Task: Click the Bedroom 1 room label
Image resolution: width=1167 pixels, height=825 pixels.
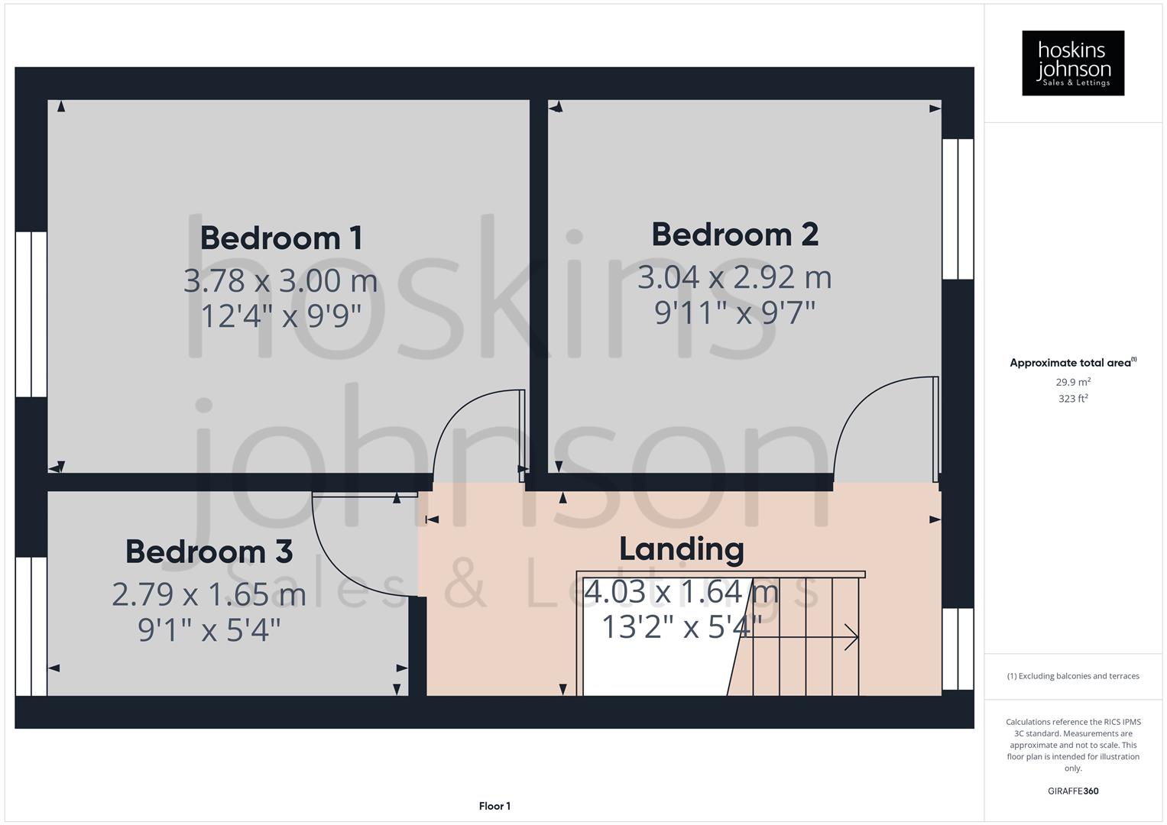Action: [280, 238]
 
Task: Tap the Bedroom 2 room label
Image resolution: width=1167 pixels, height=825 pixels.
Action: [734, 234]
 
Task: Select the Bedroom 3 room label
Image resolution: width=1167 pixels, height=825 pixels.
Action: [209, 551]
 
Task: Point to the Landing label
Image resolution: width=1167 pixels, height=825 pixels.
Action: [681, 548]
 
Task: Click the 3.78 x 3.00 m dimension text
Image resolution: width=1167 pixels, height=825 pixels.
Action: [280, 280]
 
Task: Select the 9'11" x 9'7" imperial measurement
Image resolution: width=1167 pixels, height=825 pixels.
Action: [734, 312]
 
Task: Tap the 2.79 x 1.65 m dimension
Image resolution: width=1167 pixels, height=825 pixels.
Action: [209, 594]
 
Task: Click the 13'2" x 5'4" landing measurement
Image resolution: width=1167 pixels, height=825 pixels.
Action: [681, 627]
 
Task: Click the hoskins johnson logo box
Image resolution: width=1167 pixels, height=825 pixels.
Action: [1073, 63]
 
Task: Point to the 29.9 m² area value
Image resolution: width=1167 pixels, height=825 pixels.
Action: [1073, 382]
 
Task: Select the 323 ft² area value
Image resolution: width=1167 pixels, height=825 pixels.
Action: [1073, 399]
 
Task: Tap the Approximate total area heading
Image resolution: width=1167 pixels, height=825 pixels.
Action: [1072, 363]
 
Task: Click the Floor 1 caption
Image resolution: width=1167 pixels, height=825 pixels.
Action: [494, 806]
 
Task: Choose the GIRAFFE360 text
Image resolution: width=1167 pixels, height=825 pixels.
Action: [1073, 791]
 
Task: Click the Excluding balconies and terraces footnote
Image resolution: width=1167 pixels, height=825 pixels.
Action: [1073, 676]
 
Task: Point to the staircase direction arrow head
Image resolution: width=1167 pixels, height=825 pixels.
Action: [852, 636]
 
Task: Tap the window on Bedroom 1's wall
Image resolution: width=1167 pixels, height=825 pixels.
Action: [31, 314]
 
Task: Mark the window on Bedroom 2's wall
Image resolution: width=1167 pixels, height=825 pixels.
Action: [958, 209]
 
